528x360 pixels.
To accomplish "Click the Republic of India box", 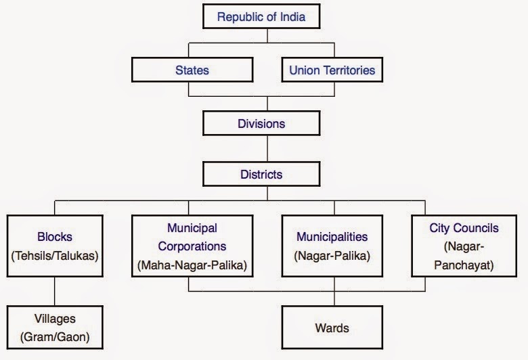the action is (x=261, y=17).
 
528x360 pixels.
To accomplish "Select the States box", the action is (x=192, y=70).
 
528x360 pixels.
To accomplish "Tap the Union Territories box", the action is (x=332, y=70).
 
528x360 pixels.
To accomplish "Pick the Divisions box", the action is (x=261, y=123).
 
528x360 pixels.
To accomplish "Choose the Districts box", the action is (x=261, y=174).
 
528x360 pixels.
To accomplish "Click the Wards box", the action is (x=332, y=328).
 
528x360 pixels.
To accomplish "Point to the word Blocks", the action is (x=56, y=238).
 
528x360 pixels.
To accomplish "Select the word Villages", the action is (x=56, y=317).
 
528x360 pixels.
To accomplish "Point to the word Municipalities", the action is (x=332, y=238).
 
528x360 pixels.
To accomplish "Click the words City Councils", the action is (x=464, y=229).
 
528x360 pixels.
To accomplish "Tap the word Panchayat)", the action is (x=464, y=265).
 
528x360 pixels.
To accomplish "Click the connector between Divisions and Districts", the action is (x=267, y=148).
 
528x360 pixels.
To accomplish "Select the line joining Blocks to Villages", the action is (x=56, y=291).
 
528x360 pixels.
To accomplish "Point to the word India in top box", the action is (x=291, y=17).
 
